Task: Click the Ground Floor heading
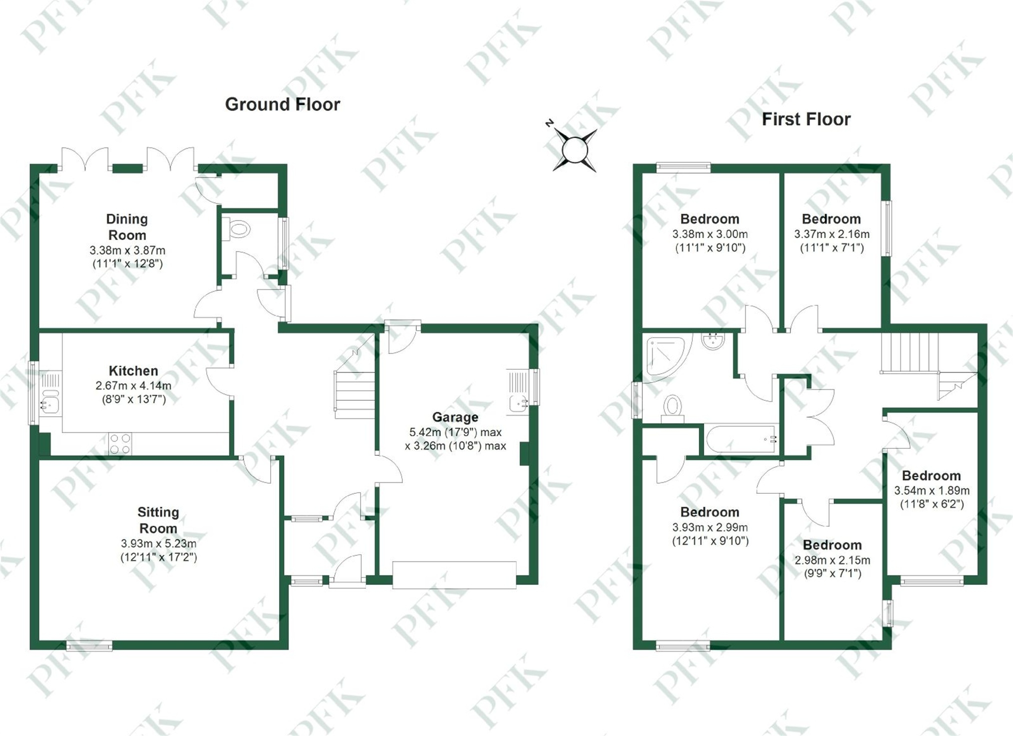pos(282,105)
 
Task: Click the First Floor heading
pos(806,120)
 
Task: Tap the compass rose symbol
pos(574,149)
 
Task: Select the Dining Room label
pos(127,227)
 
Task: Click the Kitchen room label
pos(133,371)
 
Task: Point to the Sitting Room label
pos(158,520)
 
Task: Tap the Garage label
pos(455,417)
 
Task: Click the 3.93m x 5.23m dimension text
pos(158,543)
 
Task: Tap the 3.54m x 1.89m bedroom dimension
pos(931,491)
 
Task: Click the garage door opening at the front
pos(454,575)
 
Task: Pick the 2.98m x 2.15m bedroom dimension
pos(832,560)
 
